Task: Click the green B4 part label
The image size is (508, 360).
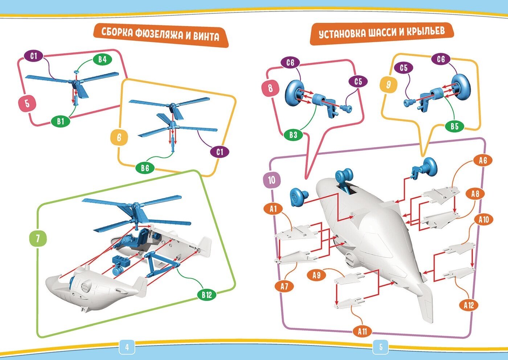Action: point(102,59)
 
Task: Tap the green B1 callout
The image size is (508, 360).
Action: point(60,121)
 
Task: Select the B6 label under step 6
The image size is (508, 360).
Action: point(145,168)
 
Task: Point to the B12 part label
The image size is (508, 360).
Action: point(206,295)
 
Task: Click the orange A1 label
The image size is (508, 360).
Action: point(273,208)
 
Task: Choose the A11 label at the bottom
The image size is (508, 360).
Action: point(362,331)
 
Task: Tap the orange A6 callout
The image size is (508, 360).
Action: point(483,161)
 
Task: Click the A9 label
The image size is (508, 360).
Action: point(316,276)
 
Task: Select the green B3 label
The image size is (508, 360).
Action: point(293,135)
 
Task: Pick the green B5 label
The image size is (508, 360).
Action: point(455,126)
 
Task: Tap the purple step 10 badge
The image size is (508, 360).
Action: point(271,180)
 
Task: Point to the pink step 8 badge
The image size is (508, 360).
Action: point(270,88)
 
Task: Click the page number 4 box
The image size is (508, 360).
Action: point(127,347)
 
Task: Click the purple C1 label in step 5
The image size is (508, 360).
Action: point(34,56)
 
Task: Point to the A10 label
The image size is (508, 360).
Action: point(483,220)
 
